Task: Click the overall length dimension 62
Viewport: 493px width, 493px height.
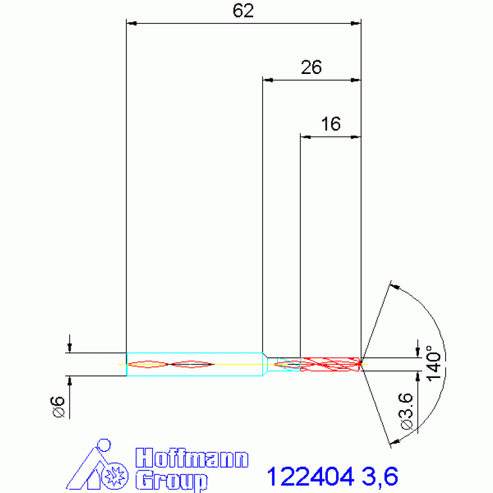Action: [x=244, y=11]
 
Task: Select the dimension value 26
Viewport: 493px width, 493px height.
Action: [x=311, y=67]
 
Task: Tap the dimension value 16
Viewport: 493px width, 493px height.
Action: [x=330, y=124]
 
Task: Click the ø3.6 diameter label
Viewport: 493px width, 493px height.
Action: [x=406, y=412]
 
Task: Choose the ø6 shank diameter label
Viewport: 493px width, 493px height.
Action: [x=58, y=408]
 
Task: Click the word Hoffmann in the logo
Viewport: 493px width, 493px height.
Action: [x=192, y=459]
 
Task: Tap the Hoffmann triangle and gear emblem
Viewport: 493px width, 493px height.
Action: [x=97, y=466]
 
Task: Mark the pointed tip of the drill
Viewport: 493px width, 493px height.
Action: [x=361, y=364]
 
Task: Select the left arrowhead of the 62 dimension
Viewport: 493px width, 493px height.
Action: [x=131, y=24]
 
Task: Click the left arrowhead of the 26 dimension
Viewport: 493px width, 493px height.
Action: [x=268, y=80]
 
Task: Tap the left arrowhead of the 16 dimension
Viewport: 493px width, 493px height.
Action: [x=306, y=136]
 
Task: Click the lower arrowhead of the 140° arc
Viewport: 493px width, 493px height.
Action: [x=394, y=442]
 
